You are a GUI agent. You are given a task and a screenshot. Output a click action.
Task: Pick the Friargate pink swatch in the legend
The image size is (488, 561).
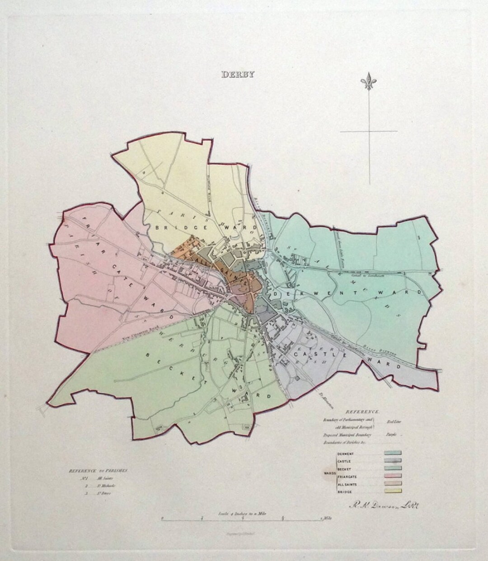click(x=392, y=475)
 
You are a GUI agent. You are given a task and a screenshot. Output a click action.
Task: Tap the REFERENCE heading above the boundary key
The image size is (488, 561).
click(x=363, y=412)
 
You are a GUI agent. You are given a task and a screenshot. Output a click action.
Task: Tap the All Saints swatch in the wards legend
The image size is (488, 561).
click(x=392, y=483)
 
